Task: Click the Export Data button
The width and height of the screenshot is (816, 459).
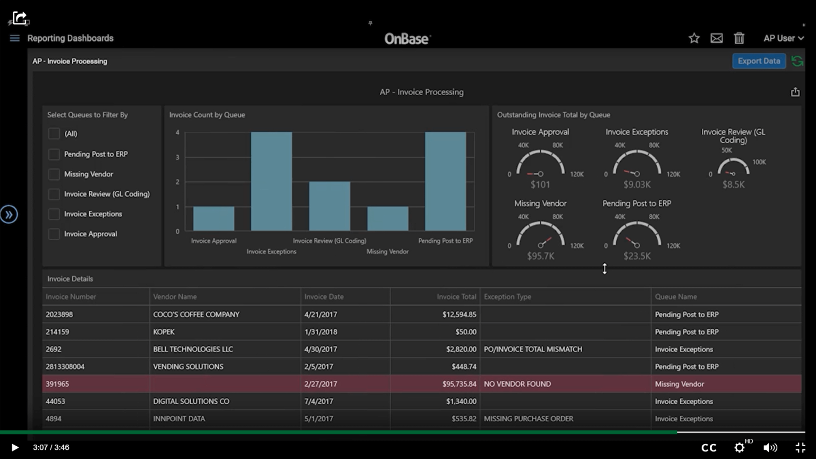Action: click(759, 61)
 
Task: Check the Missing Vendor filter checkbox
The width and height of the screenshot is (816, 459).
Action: click(54, 174)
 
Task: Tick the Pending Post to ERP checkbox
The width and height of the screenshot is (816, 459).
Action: click(54, 154)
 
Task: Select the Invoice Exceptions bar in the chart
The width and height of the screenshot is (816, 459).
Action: click(271, 181)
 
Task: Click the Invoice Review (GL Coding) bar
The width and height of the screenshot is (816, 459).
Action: click(329, 206)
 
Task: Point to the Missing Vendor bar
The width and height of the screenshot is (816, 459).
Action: click(388, 218)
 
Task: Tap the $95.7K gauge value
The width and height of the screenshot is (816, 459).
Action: click(540, 256)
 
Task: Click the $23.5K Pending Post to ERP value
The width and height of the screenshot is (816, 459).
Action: click(637, 256)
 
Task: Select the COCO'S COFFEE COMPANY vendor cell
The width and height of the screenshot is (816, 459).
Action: click(196, 314)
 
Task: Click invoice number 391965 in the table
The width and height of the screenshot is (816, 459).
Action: click(57, 384)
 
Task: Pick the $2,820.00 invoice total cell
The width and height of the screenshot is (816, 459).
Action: click(461, 350)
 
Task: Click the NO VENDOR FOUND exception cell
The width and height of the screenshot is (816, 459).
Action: click(517, 384)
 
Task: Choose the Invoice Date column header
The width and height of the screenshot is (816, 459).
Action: click(324, 297)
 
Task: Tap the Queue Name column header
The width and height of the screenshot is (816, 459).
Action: click(676, 297)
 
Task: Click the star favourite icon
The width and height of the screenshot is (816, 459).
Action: click(694, 38)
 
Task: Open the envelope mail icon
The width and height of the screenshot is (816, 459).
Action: click(717, 38)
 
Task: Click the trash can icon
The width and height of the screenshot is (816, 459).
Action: click(739, 38)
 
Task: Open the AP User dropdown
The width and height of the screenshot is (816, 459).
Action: click(784, 38)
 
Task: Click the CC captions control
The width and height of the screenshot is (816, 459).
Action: click(709, 448)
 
